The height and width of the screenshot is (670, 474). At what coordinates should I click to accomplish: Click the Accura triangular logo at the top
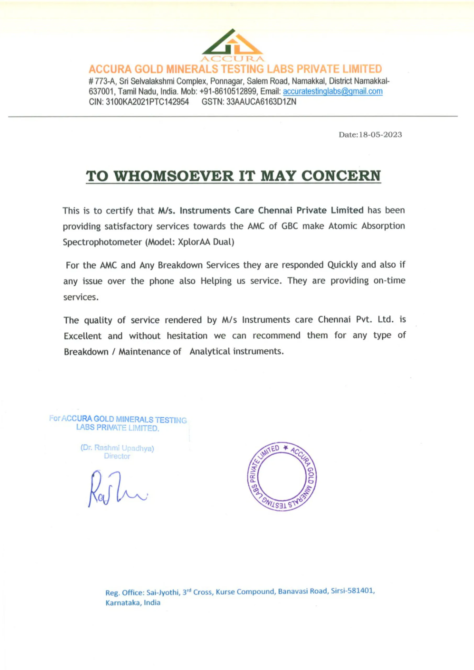tap(233, 44)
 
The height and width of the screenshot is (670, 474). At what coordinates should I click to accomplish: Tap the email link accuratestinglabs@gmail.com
tap(332, 91)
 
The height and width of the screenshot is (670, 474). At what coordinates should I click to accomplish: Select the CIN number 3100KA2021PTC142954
tap(147, 102)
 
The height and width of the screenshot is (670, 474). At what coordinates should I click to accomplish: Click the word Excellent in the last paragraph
tap(83, 336)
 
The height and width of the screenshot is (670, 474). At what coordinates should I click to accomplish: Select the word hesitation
tap(187, 336)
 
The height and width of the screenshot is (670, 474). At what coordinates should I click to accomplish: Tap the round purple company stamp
tap(282, 476)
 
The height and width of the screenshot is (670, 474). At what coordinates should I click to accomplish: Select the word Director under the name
tap(117, 456)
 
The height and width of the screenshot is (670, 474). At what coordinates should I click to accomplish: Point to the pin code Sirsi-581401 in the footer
tap(352, 591)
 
